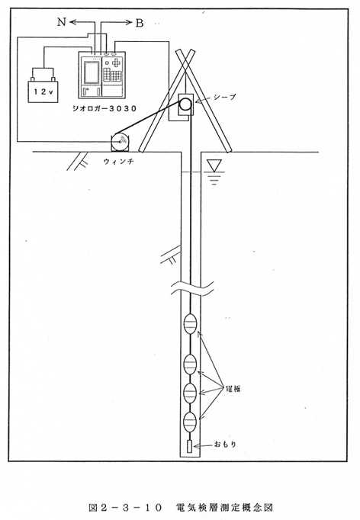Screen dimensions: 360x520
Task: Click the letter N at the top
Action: click(x=61, y=22)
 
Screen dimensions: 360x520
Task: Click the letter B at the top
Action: click(x=140, y=23)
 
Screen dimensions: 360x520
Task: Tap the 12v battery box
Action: click(x=43, y=91)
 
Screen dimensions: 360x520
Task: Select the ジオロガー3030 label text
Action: click(x=104, y=108)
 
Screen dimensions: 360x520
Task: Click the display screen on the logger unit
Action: click(x=92, y=72)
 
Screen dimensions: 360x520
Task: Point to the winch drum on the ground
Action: click(x=120, y=142)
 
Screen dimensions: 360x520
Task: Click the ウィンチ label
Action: click(x=118, y=162)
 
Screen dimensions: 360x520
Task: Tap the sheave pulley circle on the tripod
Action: click(x=186, y=104)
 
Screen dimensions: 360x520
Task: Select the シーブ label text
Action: click(x=225, y=97)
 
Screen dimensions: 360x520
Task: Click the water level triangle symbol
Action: click(x=214, y=165)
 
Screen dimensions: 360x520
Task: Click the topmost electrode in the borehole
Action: click(x=191, y=324)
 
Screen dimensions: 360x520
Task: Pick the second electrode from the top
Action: click(x=191, y=364)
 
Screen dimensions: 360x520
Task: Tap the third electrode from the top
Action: click(x=191, y=393)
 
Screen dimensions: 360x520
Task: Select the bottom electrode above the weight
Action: click(x=191, y=422)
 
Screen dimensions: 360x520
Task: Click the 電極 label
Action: click(x=233, y=389)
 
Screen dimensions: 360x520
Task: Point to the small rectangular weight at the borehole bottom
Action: click(x=190, y=446)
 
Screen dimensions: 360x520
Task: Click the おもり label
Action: click(x=225, y=444)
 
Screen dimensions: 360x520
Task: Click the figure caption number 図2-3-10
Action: click(x=125, y=508)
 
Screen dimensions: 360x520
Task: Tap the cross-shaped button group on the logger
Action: click(x=117, y=63)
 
